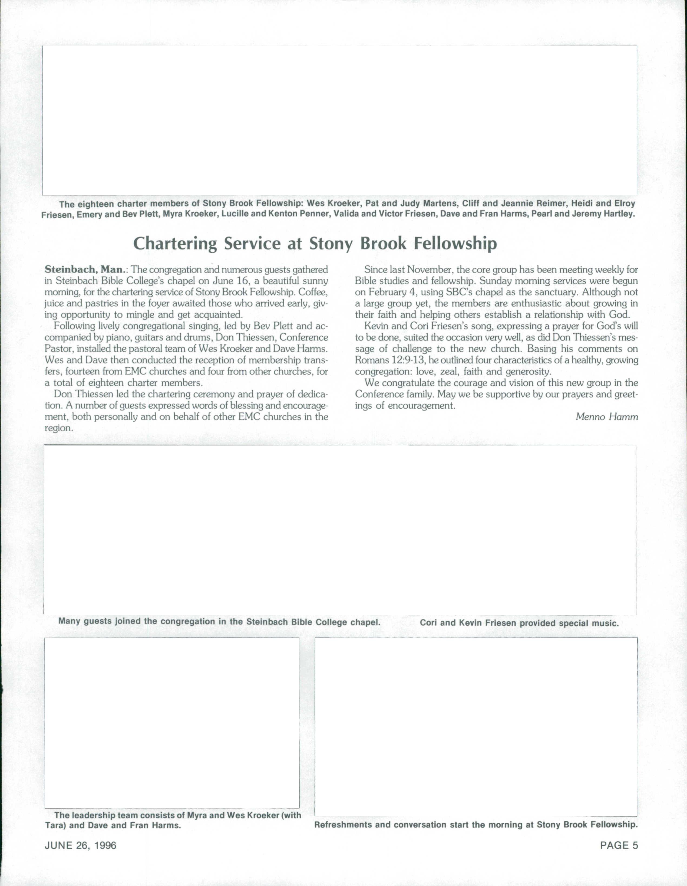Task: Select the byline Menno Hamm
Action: [606, 417]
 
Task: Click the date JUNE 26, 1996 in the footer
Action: [80, 845]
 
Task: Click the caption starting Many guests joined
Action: [219, 622]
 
